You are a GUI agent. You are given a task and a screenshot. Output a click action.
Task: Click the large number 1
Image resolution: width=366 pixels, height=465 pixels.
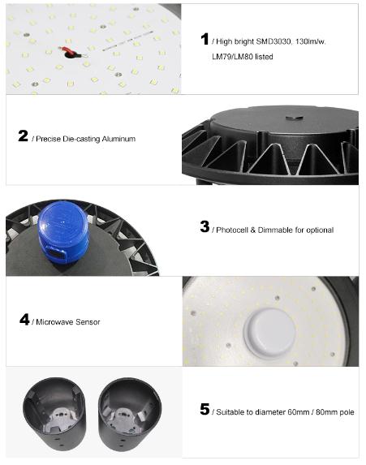point(205,39)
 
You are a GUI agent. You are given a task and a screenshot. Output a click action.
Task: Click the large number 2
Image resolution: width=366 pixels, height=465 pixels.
point(24,136)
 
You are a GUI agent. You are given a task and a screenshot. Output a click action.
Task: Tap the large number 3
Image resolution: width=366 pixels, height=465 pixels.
point(205,226)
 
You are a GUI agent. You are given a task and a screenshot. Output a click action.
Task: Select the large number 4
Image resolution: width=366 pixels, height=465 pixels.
point(24,320)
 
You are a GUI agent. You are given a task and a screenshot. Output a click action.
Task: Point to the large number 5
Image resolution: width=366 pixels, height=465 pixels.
point(205,409)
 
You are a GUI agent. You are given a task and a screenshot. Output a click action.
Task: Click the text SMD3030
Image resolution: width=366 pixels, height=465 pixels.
point(273,41)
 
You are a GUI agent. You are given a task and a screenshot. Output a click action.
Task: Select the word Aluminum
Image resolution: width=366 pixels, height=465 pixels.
point(118,139)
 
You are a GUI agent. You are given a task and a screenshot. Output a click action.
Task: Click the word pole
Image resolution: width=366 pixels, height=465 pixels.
point(347,412)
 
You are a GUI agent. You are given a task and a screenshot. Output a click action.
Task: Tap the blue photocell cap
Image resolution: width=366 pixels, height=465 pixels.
point(63,232)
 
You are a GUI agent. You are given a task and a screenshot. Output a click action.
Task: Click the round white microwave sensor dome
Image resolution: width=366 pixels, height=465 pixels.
point(269,333)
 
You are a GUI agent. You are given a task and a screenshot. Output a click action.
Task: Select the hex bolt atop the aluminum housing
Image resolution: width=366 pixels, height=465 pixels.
point(294,118)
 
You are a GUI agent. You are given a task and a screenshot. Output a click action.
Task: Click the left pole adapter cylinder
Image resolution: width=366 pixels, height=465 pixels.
point(54,414)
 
